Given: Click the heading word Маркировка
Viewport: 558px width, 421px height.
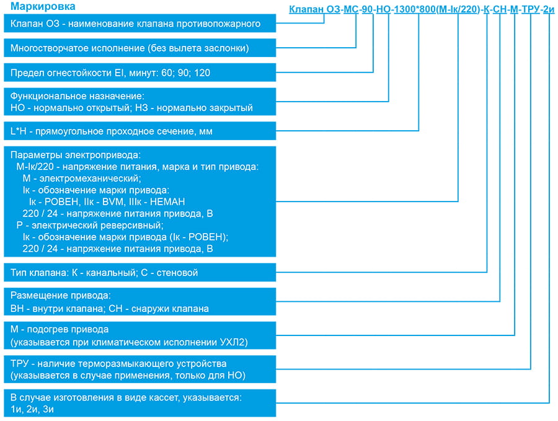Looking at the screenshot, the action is click(x=43, y=6).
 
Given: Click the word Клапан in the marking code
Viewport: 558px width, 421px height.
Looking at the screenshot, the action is click(x=306, y=9).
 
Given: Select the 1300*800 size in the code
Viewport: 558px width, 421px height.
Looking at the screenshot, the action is click(x=415, y=9).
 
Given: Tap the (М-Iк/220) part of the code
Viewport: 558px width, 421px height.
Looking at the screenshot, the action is click(x=458, y=9).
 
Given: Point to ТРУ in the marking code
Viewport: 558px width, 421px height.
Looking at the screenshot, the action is click(x=531, y=9).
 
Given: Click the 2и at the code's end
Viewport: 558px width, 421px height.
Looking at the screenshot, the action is click(x=549, y=9).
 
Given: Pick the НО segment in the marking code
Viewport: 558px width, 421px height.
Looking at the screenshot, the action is click(x=383, y=9).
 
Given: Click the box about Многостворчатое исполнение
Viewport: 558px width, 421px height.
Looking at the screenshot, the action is click(x=140, y=48).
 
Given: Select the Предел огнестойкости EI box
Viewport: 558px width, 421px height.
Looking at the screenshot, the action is click(x=140, y=73).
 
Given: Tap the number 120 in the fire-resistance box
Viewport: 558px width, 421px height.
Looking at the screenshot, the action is click(x=202, y=73).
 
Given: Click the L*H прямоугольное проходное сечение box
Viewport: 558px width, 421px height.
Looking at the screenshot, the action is click(x=140, y=131).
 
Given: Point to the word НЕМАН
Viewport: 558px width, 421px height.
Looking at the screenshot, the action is click(x=167, y=202).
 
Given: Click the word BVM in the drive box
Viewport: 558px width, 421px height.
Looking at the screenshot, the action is click(x=113, y=202).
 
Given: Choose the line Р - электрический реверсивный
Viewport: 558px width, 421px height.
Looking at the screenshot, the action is click(x=90, y=225).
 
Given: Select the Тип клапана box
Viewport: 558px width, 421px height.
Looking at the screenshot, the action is click(x=140, y=272).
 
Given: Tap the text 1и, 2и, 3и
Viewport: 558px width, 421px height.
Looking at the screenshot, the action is click(x=32, y=409).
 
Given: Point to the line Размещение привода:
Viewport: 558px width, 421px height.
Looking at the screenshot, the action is click(x=61, y=295).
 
